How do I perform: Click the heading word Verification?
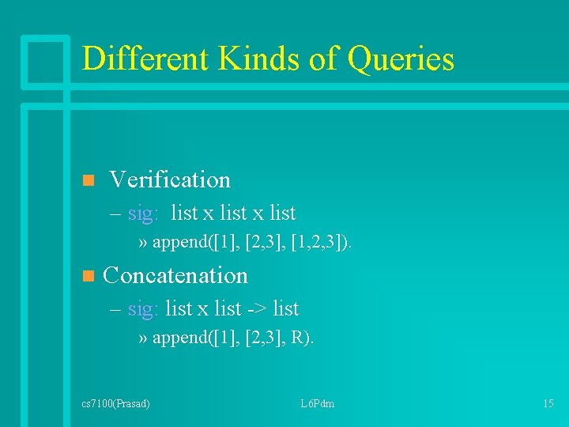point(170,180)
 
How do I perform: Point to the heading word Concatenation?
point(175,275)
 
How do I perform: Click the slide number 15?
point(548,404)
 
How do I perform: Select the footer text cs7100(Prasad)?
point(115,404)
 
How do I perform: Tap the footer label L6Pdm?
point(317,404)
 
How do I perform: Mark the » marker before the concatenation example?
point(142,339)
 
